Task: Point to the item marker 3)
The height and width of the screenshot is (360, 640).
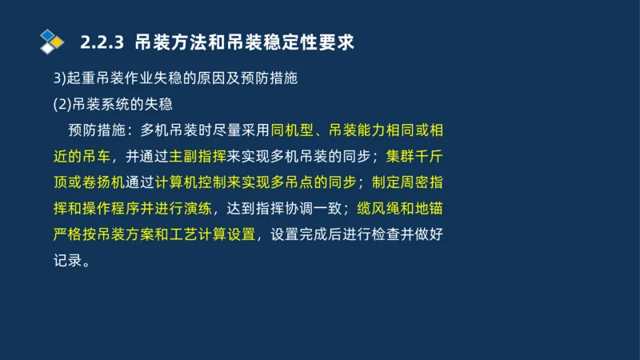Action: [x=58, y=78]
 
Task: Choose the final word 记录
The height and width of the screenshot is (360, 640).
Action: [x=67, y=261]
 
